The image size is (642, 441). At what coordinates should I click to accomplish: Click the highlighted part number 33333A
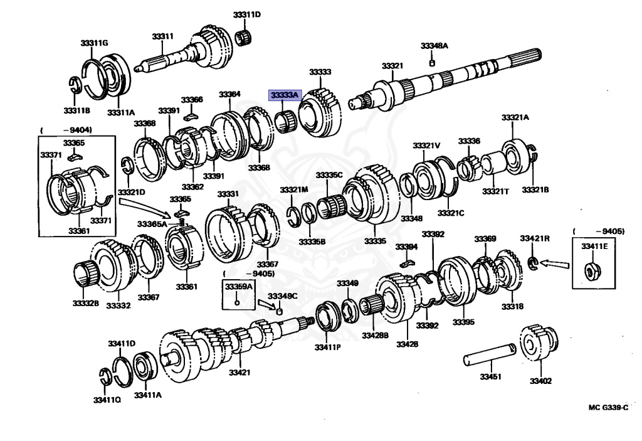285,95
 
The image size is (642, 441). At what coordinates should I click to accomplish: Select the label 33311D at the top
247,14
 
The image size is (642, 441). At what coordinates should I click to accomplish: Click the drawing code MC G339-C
608,407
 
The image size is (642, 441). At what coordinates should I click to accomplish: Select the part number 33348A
434,46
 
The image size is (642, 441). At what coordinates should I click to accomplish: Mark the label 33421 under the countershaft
239,372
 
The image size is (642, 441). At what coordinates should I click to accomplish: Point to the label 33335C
329,175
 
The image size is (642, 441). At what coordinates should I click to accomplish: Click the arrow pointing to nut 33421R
555,264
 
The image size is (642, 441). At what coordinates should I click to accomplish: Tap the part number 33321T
495,190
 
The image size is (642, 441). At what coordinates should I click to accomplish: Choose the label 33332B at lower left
87,303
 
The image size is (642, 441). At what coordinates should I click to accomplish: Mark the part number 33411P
327,347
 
